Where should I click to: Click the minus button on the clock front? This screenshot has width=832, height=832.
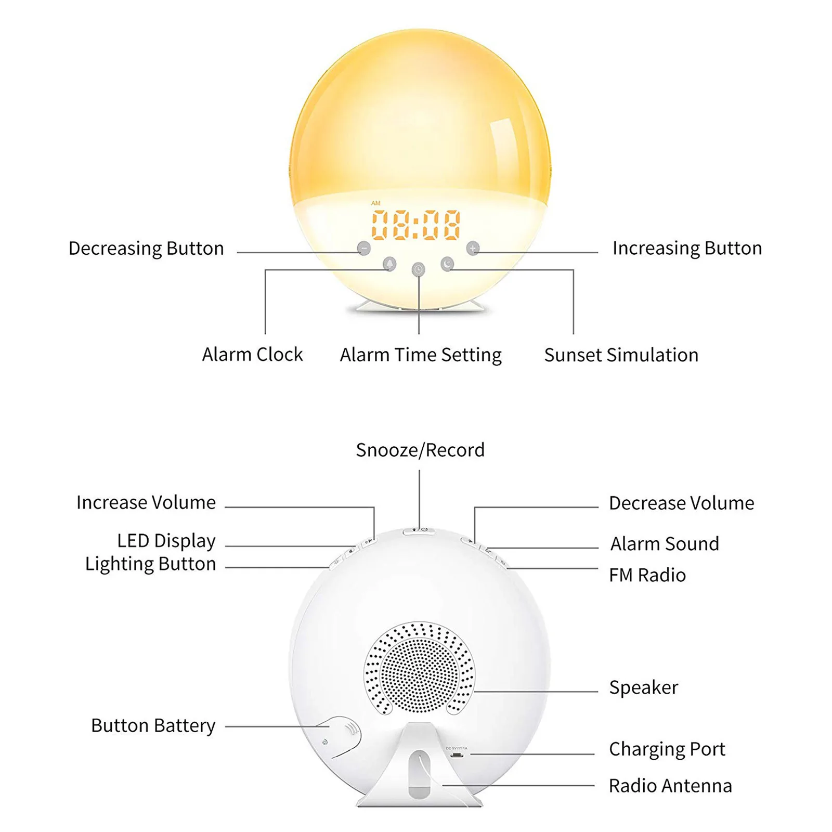tap(364, 248)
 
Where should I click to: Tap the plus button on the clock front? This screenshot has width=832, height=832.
tap(472, 248)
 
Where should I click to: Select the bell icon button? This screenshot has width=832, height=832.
tap(389, 264)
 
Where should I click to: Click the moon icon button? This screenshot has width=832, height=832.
tap(447, 264)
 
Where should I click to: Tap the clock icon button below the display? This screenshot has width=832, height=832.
tap(418, 269)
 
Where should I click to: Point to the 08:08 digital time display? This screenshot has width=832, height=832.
tap(416, 225)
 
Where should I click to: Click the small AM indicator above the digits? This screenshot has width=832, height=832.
tap(376, 203)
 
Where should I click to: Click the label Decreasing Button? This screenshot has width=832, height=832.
tap(146, 249)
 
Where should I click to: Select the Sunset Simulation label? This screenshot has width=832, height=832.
tap(621, 355)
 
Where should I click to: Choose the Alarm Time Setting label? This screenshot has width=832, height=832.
tap(421, 355)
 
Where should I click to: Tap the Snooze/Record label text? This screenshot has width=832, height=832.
tap(420, 450)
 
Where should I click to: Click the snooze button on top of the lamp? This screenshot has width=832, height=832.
tap(419, 530)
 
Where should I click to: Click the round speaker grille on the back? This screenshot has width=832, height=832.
tap(419, 668)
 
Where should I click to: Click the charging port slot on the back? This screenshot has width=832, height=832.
tap(457, 754)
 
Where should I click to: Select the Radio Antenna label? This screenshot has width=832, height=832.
tap(670, 786)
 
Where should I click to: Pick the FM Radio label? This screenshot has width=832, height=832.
tap(647, 575)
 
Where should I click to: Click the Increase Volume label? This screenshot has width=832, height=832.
tap(146, 503)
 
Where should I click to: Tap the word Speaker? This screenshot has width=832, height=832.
tap(644, 687)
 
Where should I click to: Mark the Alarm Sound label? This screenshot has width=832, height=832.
tap(665, 544)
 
